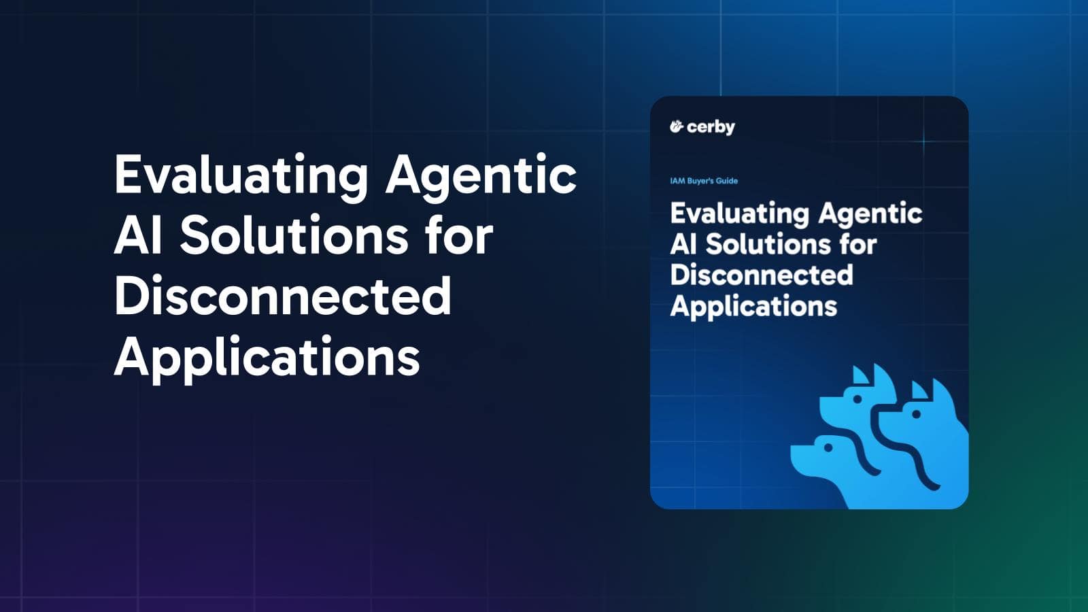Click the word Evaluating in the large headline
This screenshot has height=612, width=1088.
pyautogui.click(x=241, y=175)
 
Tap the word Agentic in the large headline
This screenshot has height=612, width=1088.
pyautogui.click(x=481, y=175)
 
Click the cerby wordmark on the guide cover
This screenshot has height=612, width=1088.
pyautogui.click(x=711, y=127)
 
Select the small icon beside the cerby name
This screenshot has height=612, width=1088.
pyautogui.click(x=676, y=126)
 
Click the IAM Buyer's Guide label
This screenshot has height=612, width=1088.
pyautogui.click(x=704, y=181)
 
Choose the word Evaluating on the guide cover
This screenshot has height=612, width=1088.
pyautogui.click(x=739, y=214)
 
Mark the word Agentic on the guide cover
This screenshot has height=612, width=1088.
pyautogui.click(x=870, y=214)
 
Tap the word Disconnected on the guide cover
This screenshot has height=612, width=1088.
pyautogui.click(x=762, y=275)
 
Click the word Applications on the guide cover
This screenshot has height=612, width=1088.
pyautogui.click(x=753, y=306)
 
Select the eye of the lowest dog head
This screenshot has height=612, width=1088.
pyautogui.click(x=828, y=447)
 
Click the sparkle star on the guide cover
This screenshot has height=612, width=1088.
pyautogui.click(x=923, y=141)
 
